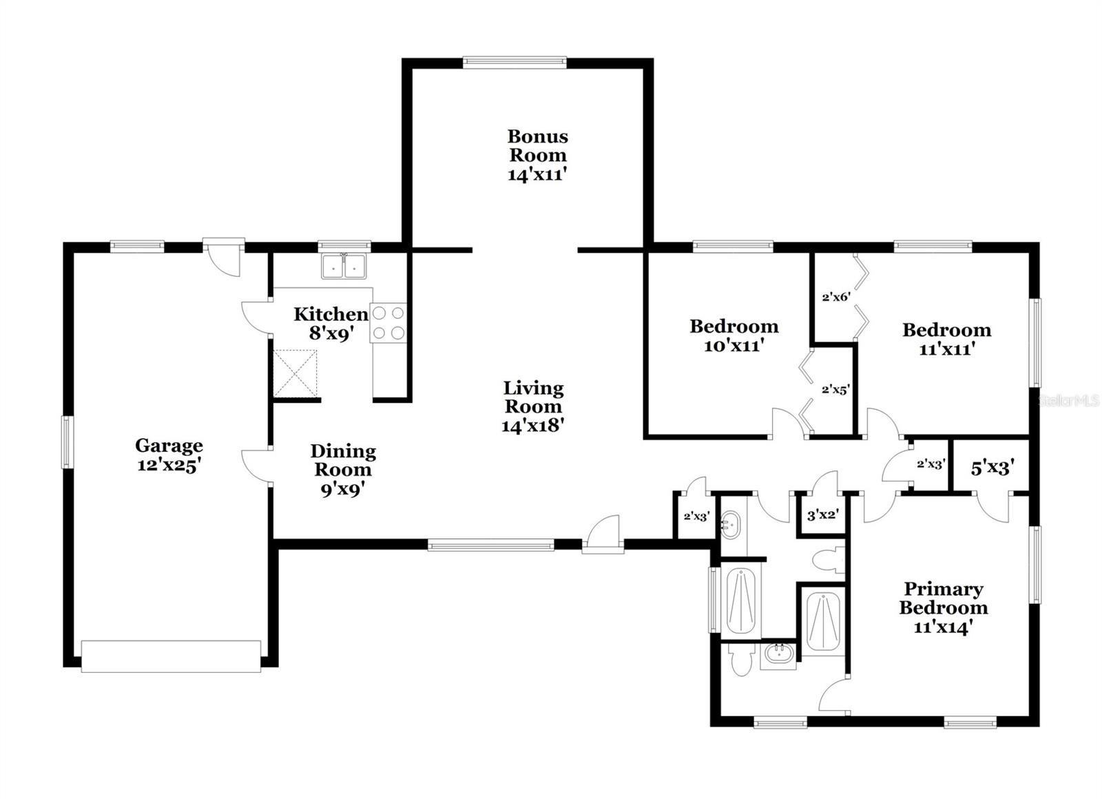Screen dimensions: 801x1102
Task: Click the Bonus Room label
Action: pos(537,145)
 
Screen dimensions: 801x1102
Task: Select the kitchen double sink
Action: pos(344,266)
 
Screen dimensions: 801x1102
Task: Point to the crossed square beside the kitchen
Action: pos(295,373)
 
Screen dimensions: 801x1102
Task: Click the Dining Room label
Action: pos(343,460)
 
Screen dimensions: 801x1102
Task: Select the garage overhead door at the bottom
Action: pos(171,656)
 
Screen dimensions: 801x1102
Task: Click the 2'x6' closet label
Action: pos(836,298)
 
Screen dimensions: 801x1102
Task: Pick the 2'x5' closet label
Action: pos(835,389)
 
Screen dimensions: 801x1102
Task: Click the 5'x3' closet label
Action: pos(990,469)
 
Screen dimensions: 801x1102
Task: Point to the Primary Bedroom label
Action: pos(943,599)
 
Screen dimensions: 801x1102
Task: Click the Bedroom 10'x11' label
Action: pos(734,335)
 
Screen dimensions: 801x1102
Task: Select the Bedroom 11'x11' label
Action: pos(946,339)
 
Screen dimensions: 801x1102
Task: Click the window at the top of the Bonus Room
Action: pos(514,63)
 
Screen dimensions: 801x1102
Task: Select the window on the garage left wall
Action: pos(67,442)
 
